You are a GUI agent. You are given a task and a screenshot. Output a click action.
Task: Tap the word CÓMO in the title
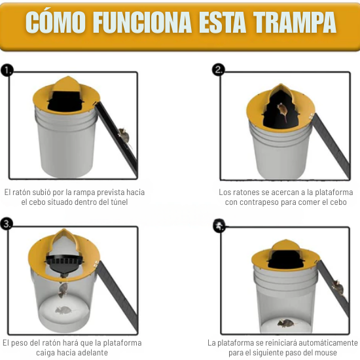pos(56,23)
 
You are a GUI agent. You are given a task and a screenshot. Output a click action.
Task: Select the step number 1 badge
pos(7,70)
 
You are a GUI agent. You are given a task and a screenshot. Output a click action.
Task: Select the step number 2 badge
pos(219,70)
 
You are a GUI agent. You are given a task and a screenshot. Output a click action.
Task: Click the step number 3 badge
pos(7,225)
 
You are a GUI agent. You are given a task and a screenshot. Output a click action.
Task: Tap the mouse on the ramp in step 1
pos(122,136)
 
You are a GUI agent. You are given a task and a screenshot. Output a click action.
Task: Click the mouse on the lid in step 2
pos(281,112)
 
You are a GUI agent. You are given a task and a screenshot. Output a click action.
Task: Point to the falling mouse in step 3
pos(64,287)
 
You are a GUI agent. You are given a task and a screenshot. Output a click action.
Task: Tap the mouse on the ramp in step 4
pos(336,287)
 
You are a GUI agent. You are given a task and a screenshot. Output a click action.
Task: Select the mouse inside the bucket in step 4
pos(284,323)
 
